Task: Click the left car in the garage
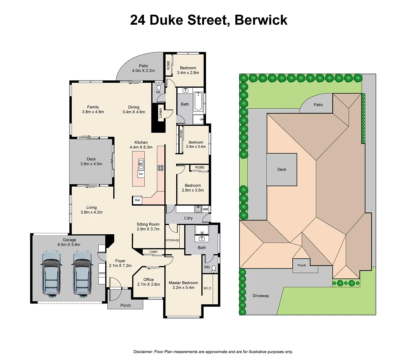pos(51,274)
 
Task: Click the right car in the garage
pos(82,274)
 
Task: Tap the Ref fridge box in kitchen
pos(137,200)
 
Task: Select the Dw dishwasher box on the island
pos(141,174)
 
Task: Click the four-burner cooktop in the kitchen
pos(160,168)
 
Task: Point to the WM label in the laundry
pos(205,209)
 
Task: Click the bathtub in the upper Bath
pos(198,101)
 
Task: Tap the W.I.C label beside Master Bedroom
pos(207,288)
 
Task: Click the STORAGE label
pos(172,240)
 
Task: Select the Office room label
pos(149,280)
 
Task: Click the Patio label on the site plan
pos(318,105)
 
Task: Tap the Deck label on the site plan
pos(282,169)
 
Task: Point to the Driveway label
pos(261,296)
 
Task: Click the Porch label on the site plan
pos(302,265)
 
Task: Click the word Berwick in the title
pos(261,20)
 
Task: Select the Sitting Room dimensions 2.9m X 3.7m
pos(148,229)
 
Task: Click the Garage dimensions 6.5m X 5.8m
pos(69,245)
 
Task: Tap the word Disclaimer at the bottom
pos(143,352)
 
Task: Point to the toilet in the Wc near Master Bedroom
pos(214,269)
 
